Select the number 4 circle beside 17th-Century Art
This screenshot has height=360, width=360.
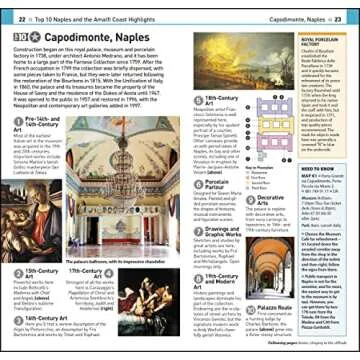[x=62, y=274]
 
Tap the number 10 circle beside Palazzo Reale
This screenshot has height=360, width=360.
[x=249, y=307]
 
